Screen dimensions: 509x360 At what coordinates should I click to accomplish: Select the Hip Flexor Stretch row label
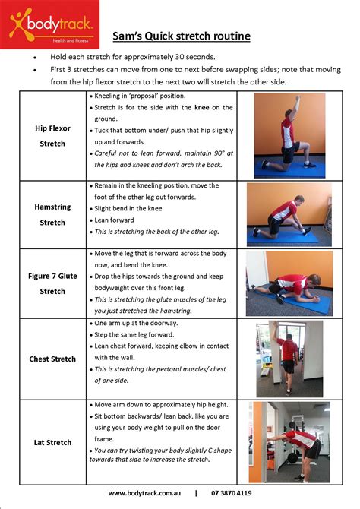[52, 135]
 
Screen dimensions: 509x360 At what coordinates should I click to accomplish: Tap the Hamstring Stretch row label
[52, 214]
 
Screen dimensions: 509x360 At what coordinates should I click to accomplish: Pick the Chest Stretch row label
[52, 359]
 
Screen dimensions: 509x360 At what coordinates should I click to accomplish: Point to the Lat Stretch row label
[52, 442]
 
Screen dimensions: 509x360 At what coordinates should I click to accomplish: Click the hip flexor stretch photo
[289, 135]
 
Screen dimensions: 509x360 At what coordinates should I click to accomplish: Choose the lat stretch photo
[289, 441]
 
